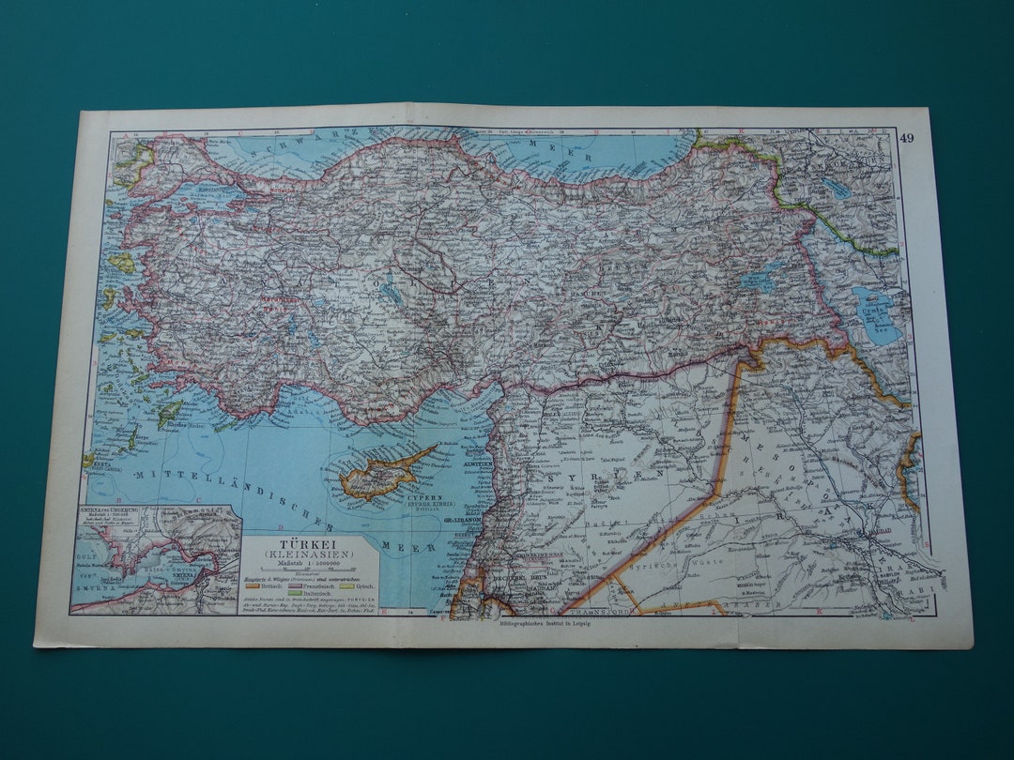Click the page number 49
coord(906,139)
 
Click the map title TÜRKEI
coord(311,543)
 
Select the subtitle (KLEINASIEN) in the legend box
coord(311,555)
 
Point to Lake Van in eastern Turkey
coord(759,279)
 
